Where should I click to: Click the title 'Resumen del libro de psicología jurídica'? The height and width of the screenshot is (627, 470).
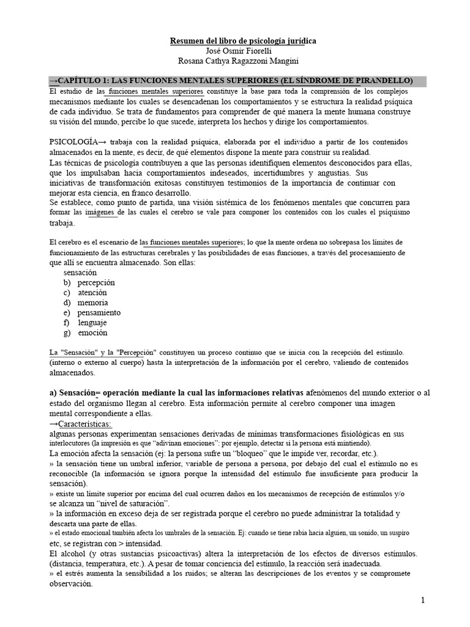click(x=234, y=41)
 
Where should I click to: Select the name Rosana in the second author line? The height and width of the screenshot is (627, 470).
click(x=191, y=61)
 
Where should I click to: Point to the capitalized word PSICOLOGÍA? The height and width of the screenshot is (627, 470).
click(x=70, y=141)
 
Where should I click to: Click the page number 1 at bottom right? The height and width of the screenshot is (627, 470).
click(x=422, y=600)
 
